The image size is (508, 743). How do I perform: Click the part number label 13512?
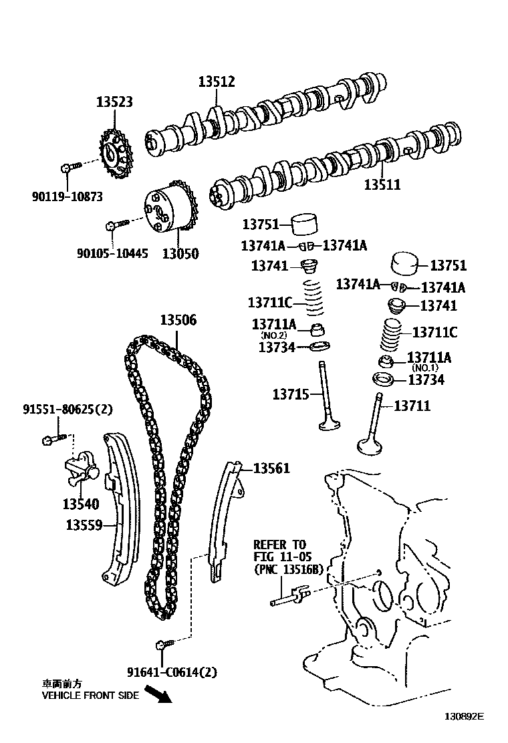(217, 82)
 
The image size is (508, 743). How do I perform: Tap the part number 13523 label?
(114, 102)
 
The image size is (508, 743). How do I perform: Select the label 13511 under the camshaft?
(382, 185)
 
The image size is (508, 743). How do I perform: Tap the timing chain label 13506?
(178, 320)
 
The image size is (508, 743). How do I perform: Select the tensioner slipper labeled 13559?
(121, 508)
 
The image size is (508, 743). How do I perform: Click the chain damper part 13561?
(223, 521)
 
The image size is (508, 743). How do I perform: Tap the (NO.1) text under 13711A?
(425, 368)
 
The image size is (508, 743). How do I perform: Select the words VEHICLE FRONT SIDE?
(90, 696)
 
